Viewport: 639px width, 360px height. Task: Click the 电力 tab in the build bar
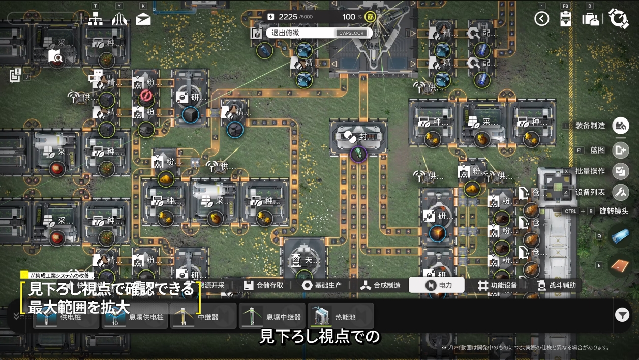(437, 285)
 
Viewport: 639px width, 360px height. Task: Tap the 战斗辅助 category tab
(558, 285)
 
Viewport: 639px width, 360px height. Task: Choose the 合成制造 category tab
(380, 285)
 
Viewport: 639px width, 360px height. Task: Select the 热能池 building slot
(341, 316)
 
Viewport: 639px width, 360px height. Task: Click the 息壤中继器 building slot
(272, 316)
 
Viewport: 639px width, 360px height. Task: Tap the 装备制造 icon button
(620, 125)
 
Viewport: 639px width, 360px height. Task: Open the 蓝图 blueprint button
(620, 150)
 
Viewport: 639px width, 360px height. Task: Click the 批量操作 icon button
(620, 171)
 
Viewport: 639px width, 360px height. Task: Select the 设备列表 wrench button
(620, 192)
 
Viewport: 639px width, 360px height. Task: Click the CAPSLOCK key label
(351, 33)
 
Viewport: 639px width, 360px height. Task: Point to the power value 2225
(288, 17)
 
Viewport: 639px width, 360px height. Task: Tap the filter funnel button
(622, 315)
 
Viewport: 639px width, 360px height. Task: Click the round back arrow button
(542, 19)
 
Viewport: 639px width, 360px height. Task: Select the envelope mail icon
(143, 19)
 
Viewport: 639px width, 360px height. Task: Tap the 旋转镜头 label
(614, 211)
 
